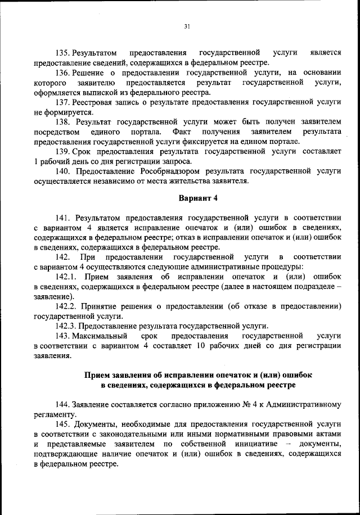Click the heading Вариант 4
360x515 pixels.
coord(198,199)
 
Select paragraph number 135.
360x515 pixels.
coord(64,52)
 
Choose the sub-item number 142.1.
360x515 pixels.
coord(66,277)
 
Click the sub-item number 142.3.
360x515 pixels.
coord(66,326)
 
